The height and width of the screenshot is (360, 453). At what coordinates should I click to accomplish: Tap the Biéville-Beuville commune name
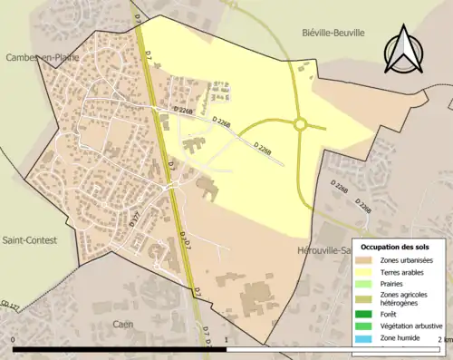333,32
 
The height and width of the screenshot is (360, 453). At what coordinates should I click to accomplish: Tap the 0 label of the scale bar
14,340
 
